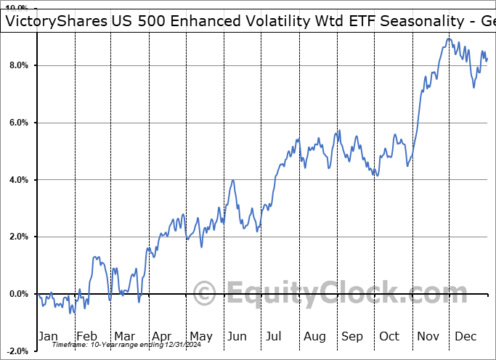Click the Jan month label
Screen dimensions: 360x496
tap(47, 336)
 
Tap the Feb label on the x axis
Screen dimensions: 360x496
tap(86, 336)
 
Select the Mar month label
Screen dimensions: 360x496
tap(123, 336)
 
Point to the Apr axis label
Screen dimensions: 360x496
tap(161, 336)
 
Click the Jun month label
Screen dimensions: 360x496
tap(237, 336)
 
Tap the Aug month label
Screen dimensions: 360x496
tap(314, 336)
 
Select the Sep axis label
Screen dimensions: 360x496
tap(352, 336)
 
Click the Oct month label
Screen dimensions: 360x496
tap(390, 336)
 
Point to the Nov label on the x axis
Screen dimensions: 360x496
tap(428, 336)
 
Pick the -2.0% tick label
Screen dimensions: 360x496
tap(17, 351)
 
